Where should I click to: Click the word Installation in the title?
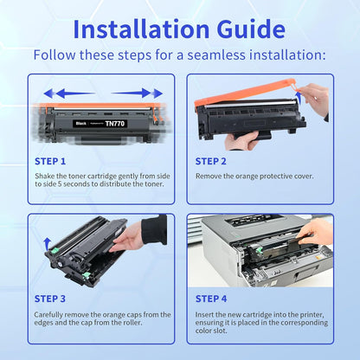(141, 29)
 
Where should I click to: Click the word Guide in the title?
(251, 29)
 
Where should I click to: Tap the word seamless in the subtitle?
(216, 55)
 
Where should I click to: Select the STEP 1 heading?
(50, 161)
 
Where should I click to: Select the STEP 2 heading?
(211, 161)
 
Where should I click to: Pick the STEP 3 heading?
(50, 299)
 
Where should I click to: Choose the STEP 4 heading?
(211, 299)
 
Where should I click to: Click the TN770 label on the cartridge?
(115, 124)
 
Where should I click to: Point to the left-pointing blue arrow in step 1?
(69, 93)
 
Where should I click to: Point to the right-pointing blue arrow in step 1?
(137, 93)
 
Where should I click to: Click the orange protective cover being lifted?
(245, 93)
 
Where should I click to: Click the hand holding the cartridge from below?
(241, 140)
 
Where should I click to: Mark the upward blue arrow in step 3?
(47, 244)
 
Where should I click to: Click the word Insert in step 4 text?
(204, 314)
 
